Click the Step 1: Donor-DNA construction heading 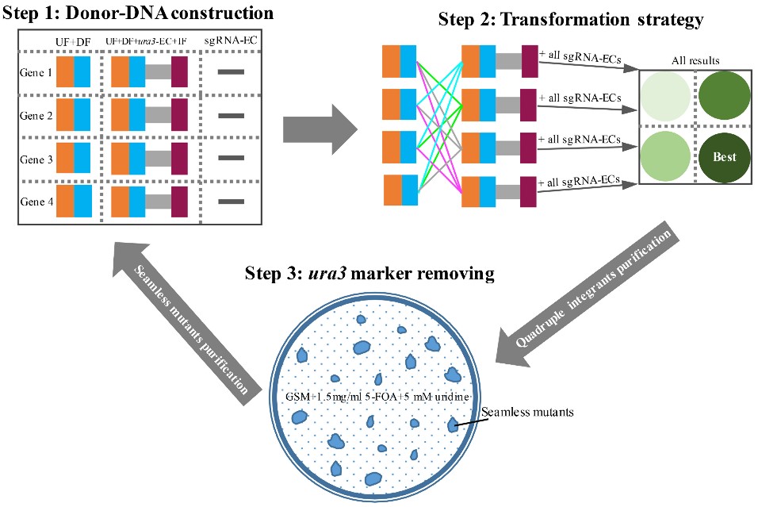click(138, 13)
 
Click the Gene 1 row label click(36, 71)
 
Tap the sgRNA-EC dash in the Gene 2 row click(231, 116)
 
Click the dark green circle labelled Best click(724, 156)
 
